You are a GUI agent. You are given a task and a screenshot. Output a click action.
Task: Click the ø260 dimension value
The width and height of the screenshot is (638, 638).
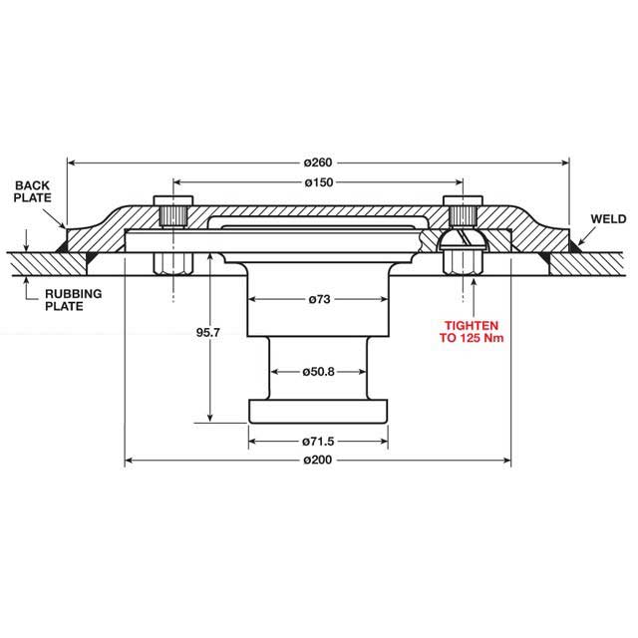tap(317, 160)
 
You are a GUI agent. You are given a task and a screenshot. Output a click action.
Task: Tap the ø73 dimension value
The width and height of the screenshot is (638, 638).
tap(318, 299)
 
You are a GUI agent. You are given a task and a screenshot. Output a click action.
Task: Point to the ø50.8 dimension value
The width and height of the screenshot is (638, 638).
tap(318, 372)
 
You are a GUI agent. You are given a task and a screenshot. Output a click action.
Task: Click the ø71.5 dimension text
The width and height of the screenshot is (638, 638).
tap(318, 440)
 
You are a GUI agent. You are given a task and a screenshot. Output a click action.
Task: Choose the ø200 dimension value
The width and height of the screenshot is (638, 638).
tap(318, 461)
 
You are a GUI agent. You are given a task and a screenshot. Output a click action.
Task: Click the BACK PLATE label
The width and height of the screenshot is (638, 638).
tap(33, 191)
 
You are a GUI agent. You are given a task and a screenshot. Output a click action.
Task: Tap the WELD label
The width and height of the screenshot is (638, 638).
tap(607, 217)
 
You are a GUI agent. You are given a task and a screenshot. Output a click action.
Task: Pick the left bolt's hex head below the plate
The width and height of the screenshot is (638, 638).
tap(172, 263)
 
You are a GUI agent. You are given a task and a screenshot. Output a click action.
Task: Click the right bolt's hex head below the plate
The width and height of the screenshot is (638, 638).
tap(462, 261)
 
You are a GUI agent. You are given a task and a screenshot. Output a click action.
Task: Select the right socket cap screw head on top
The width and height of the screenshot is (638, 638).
tap(462, 212)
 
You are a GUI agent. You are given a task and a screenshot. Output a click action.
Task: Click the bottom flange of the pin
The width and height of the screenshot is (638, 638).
tap(318, 410)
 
